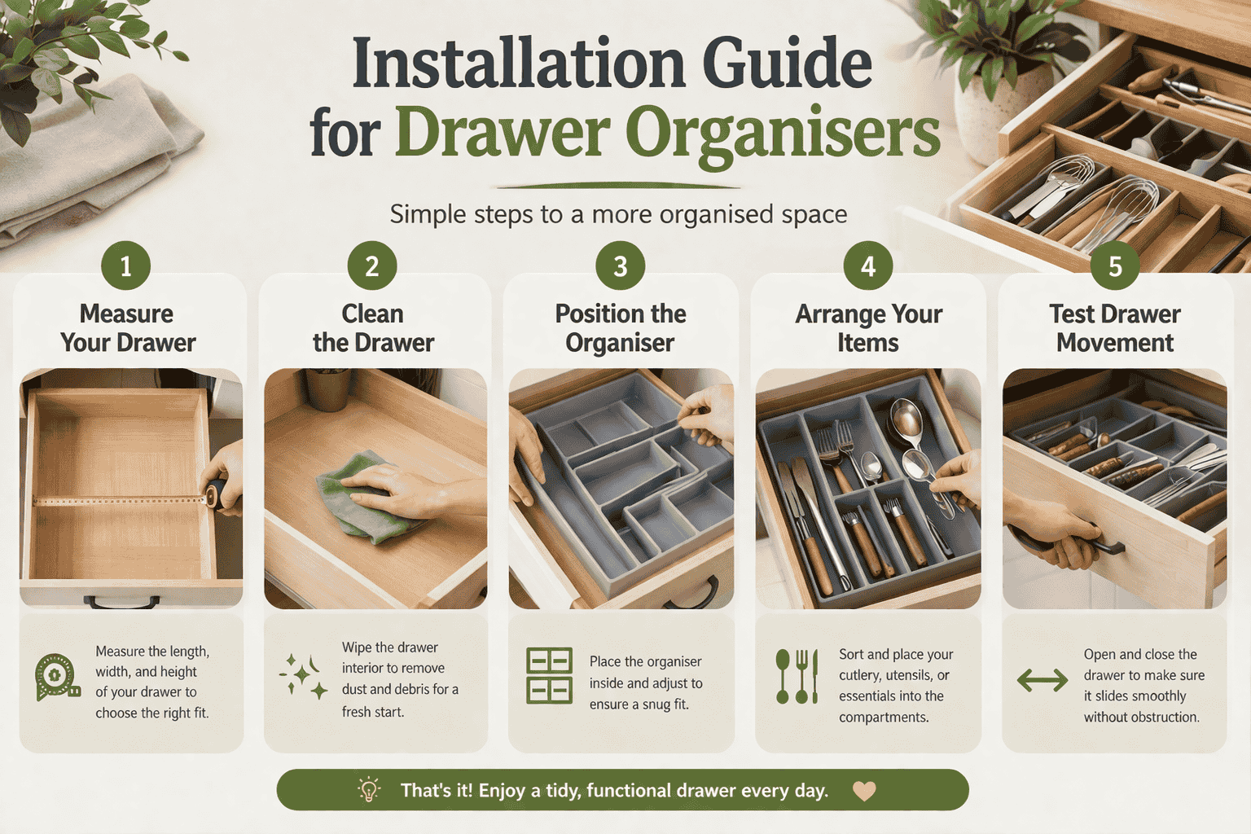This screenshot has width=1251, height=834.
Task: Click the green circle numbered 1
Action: pyautogui.click(x=125, y=266)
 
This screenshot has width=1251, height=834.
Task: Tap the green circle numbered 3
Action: pyautogui.click(x=620, y=266)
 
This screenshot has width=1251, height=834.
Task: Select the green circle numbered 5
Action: pyautogui.click(x=1115, y=266)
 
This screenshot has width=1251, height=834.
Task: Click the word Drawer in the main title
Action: pyautogui.click(x=503, y=132)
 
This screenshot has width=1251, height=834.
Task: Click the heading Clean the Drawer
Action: pyautogui.click(x=373, y=327)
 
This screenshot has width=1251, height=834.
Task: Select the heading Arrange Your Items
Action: pyautogui.click(x=868, y=327)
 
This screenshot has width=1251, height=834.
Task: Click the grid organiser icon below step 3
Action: pyautogui.click(x=549, y=676)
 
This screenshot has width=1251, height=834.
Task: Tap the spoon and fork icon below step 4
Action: pyautogui.click(x=797, y=676)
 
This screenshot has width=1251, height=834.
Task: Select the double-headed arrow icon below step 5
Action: pyautogui.click(x=1042, y=680)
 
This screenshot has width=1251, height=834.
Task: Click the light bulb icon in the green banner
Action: pyautogui.click(x=369, y=790)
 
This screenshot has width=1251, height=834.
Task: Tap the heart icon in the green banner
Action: pyautogui.click(x=864, y=790)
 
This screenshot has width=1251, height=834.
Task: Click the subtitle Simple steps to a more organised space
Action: pyautogui.click(x=618, y=214)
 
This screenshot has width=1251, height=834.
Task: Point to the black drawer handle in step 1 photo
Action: pyautogui.click(x=122, y=603)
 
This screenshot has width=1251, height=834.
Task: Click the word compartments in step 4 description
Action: pyautogui.click(x=884, y=718)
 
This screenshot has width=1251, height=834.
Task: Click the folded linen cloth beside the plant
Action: pyautogui.click(x=90, y=163)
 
